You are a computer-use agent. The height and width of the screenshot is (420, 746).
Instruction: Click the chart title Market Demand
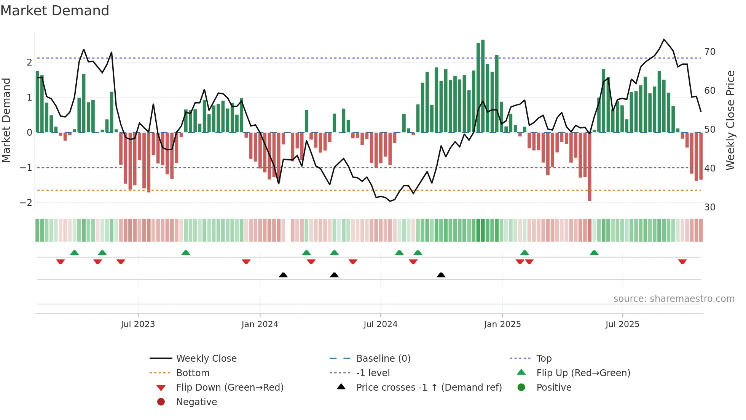pyautogui.click(x=55, y=11)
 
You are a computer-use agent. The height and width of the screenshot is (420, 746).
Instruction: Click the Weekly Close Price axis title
pyautogui.click(x=730, y=120)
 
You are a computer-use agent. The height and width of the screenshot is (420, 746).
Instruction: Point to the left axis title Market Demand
pyautogui.click(x=6, y=120)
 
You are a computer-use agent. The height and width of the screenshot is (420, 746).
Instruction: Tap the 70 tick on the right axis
pyautogui.click(x=709, y=52)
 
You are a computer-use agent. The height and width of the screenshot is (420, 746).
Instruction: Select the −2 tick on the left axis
pyautogui.click(x=26, y=203)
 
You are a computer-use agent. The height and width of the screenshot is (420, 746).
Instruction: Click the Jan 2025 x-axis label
pyautogui.click(x=502, y=324)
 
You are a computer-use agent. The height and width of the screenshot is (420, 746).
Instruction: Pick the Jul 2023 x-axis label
pyautogui.click(x=138, y=324)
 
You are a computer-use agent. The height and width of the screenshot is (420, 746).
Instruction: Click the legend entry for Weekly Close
pyautogui.click(x=206, y=359)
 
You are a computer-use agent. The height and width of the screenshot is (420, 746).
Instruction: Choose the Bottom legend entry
pyautogui.click(x=193, y=373)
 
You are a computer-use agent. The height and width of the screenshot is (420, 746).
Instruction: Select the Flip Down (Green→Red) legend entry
pyautogui.click(x=230, y=388)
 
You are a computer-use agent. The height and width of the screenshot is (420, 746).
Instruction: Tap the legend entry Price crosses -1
pyautogui.click(x=429, y=388)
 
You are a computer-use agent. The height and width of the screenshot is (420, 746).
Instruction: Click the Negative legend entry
pyautogui.click(x=196, y=402)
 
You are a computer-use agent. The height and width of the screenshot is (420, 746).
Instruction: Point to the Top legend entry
pyautogui.click(x=544, y=359)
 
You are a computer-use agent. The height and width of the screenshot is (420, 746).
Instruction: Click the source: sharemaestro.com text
pyautogui.click(x=674, y=299)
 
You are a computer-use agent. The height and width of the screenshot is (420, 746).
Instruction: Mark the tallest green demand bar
pyautogui.click(x=483, y=86)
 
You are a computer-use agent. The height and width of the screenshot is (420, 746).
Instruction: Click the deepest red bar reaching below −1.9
pyautogui.click(x=590, y=167)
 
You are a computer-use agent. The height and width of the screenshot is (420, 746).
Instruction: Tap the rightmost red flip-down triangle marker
pyautogui.click(x=682, y=261)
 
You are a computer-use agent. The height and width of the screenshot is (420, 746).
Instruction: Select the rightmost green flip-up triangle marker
pyautogui.click(x=594, y=253)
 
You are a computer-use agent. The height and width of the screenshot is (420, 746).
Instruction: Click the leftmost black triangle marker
pyautogui.click(x=283, y=275)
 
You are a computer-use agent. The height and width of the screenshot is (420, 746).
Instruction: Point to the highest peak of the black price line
pyautogui.click(x=664, y=40)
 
